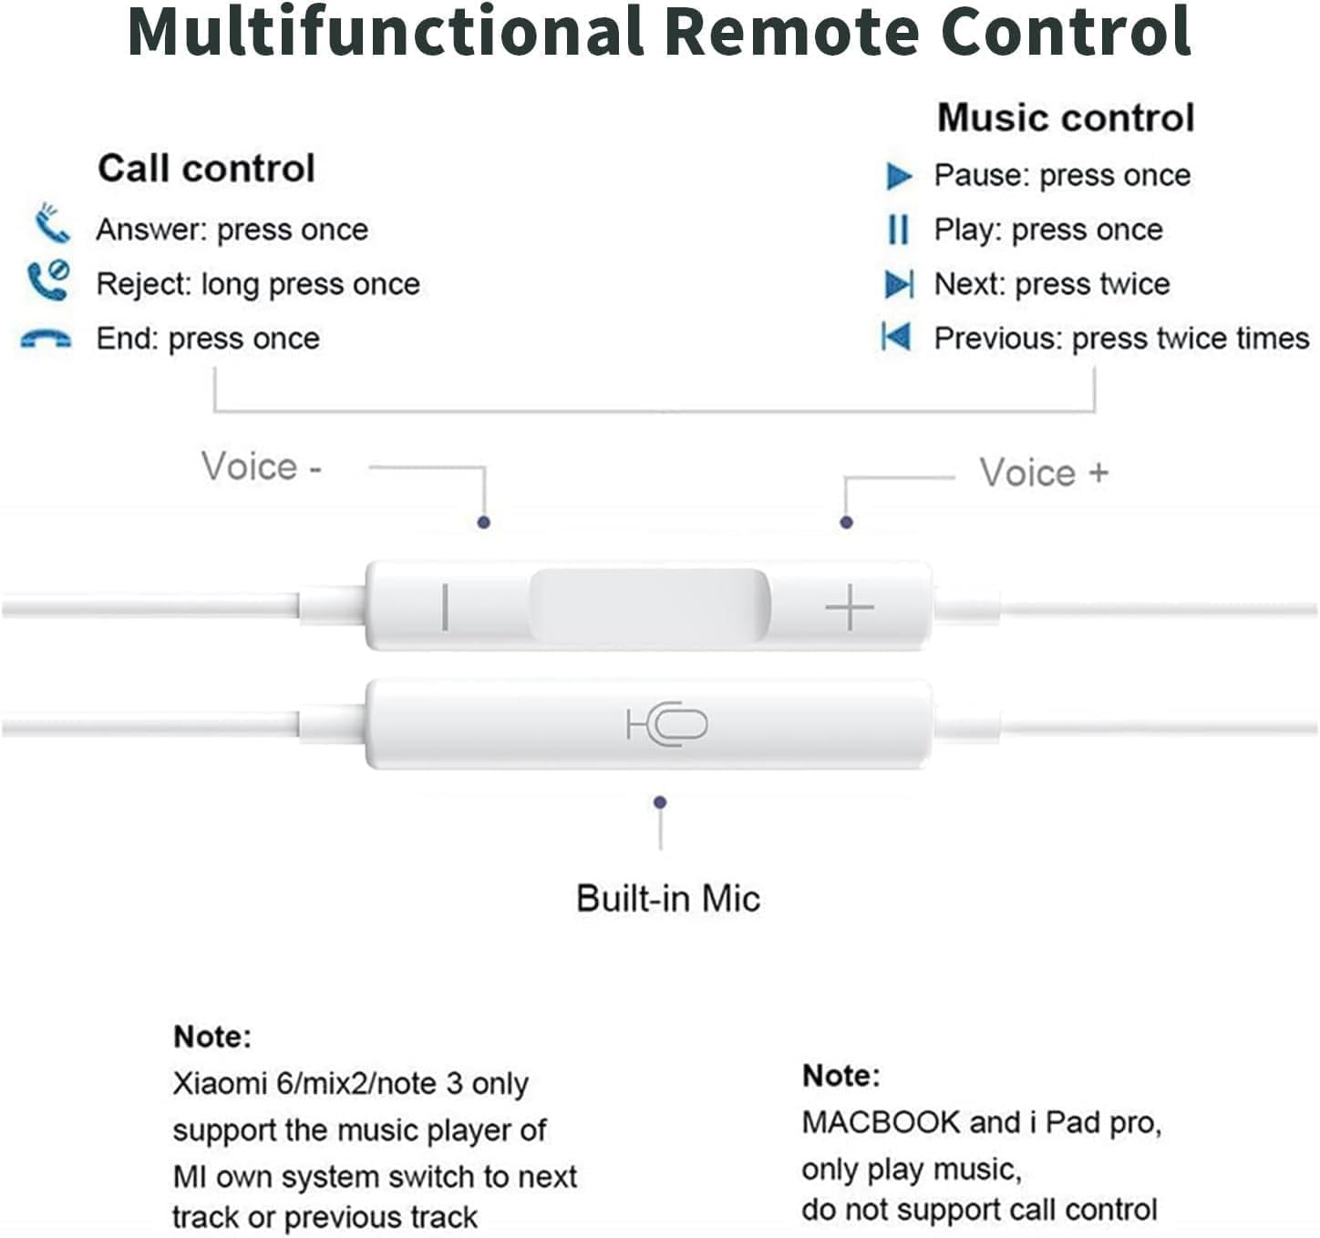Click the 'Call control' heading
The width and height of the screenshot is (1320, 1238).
206,169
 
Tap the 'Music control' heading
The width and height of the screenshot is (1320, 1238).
1065,118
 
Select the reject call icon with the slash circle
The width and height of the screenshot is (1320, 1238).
47,280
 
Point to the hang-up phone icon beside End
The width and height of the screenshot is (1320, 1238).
46,339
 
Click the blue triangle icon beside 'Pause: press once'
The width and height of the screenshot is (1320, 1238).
899,175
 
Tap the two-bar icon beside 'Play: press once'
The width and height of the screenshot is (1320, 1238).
898,230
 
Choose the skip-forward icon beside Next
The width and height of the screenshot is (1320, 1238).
899,284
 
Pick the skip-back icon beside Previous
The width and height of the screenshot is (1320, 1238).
896,337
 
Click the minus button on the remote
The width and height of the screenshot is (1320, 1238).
445,607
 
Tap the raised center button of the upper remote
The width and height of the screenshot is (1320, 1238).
649,605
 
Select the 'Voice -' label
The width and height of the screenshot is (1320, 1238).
261,467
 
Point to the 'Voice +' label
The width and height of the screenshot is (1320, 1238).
1043,473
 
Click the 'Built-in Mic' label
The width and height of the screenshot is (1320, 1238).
667,898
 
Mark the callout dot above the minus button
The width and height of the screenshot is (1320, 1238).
484,522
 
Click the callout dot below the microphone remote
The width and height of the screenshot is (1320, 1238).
660,802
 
